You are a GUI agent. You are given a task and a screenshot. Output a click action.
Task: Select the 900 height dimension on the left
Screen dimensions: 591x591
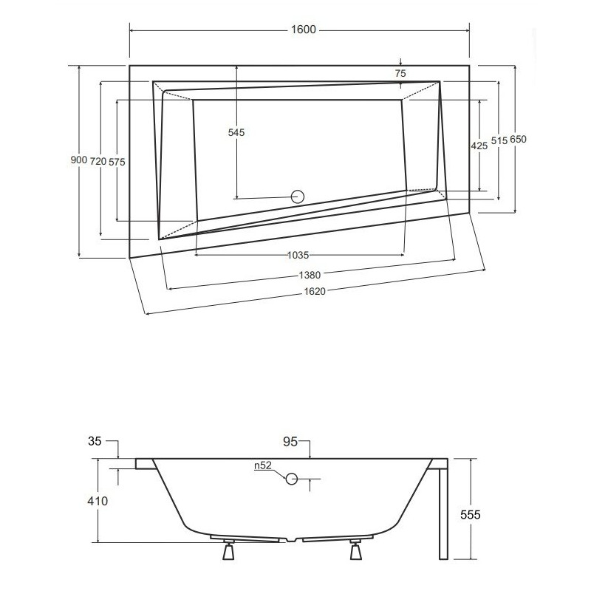click(78, 160)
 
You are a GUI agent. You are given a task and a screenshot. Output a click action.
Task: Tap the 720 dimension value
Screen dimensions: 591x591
click(98, 160)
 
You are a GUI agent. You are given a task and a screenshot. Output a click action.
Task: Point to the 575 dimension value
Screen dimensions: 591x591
click(117, 160)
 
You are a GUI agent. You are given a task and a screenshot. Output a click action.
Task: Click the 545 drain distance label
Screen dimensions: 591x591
click(236, 132)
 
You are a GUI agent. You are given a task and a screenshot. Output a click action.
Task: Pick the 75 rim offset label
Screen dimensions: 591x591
click(400, 73)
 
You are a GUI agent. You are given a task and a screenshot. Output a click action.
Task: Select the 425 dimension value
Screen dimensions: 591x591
click(479, 146)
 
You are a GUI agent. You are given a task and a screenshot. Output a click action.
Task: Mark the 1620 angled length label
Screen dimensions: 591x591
click(315, 292)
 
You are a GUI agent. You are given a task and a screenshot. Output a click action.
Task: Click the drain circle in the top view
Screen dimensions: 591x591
click(298, 197)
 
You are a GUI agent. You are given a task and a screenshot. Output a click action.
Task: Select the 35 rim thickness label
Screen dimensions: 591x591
click(95, 443)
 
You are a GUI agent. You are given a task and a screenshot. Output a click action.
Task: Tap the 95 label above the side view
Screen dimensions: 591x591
click(290, 443)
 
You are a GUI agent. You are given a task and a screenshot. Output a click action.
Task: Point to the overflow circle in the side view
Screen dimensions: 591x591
click(292, 479)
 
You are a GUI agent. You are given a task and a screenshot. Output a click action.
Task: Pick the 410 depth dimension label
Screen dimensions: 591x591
click(97, 502)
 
